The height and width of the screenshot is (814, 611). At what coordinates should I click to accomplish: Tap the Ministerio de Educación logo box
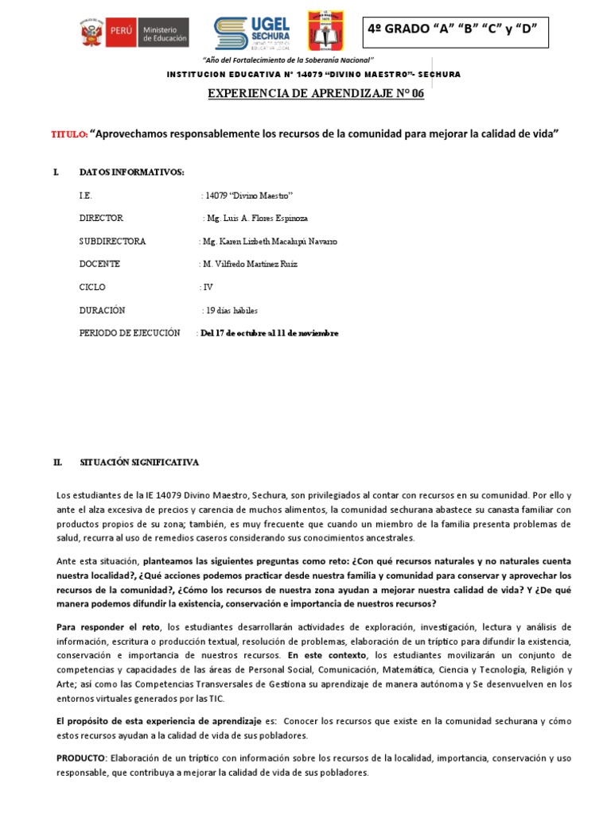click(162, 33)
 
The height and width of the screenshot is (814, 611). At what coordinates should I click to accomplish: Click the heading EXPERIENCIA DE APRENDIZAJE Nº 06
click(316, 94)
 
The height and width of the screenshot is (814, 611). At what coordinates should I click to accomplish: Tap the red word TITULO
click(68, 135)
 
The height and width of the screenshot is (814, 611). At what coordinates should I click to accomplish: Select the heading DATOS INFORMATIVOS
click(131, 172)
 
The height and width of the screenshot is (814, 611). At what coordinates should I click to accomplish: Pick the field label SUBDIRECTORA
click(112, 241)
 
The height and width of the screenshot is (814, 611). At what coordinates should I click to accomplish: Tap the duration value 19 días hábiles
click(232, 310)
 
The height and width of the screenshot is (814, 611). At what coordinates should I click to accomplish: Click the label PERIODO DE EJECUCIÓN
click(130, 333)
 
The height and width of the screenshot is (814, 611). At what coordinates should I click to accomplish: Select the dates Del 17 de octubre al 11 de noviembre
click(270, 333)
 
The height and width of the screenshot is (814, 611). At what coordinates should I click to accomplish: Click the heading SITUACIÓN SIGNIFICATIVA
click(139, 462)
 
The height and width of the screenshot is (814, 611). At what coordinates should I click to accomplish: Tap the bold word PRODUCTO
click(80, 758)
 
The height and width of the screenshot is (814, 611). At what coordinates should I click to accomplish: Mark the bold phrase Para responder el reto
click(111, 626)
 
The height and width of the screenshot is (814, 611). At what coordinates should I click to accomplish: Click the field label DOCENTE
click(99, 264)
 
